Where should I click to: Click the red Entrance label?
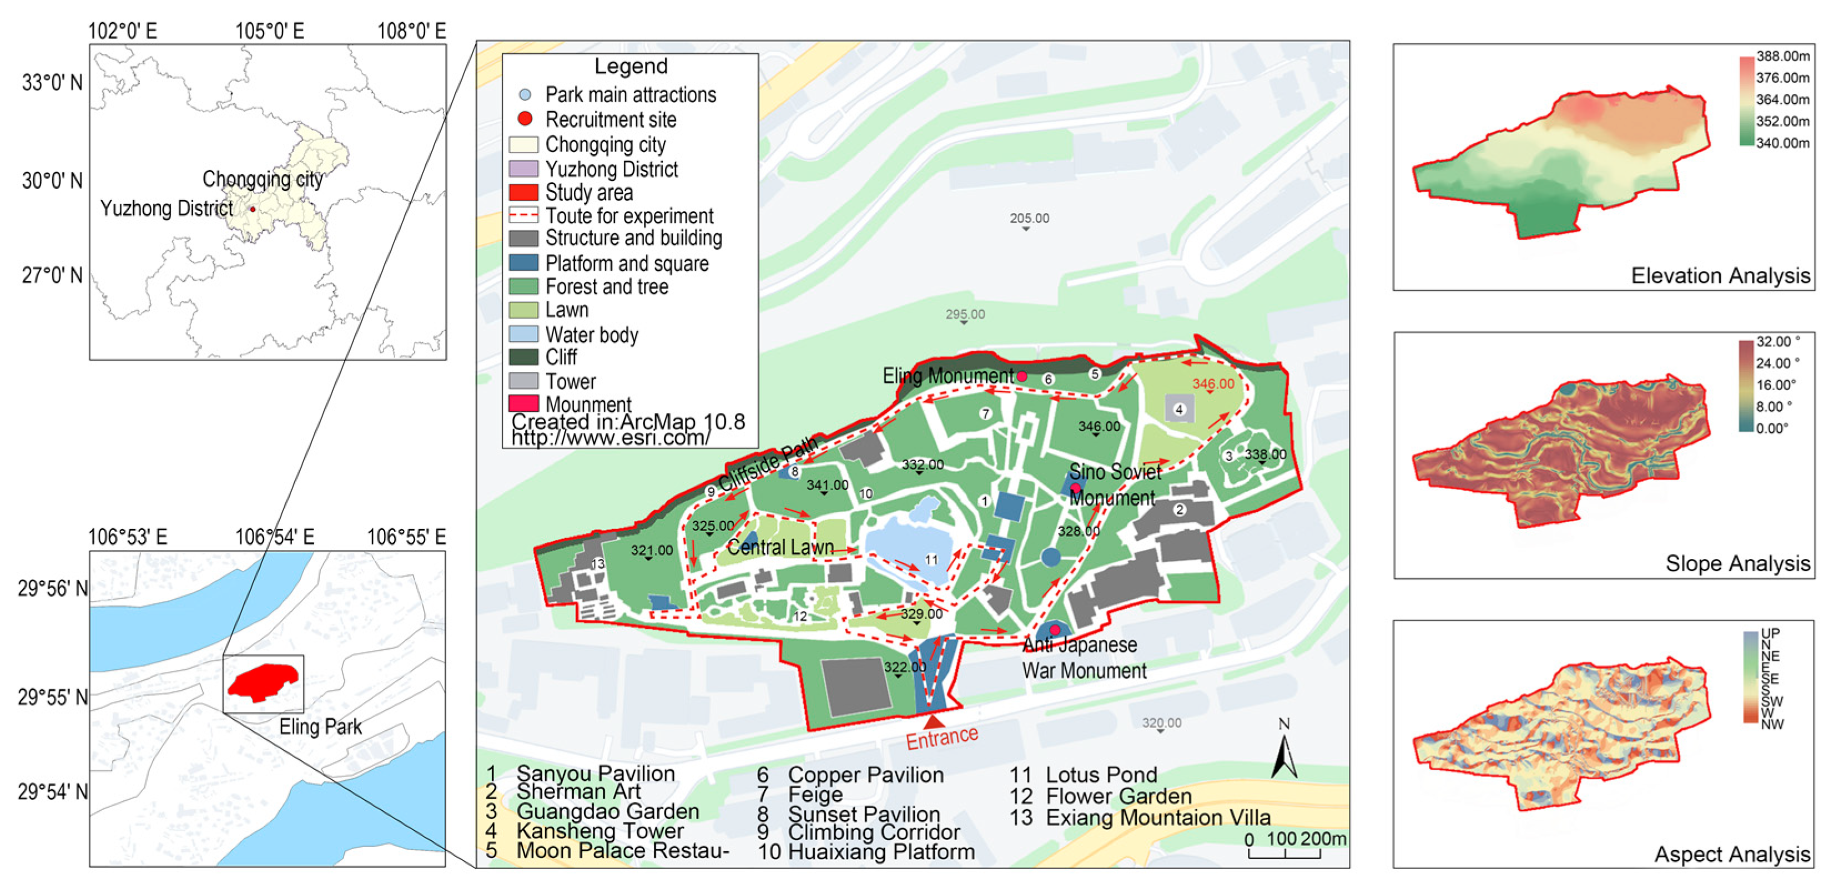coord(941,738)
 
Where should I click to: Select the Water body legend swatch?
coord(523,334)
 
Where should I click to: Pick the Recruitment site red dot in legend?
coord(525,119)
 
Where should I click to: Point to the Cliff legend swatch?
coord(523,357)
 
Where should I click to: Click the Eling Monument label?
coord(947,376)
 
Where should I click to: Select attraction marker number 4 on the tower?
coord(1179,410)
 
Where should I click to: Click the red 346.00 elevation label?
coord(1213,383)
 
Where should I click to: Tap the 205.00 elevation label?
coord(1029,218)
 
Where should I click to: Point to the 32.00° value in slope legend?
coord(1778,342)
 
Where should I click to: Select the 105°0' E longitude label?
coord(269,31)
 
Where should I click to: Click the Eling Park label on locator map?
coord(320,727)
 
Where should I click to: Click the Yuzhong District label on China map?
coord(166,209)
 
